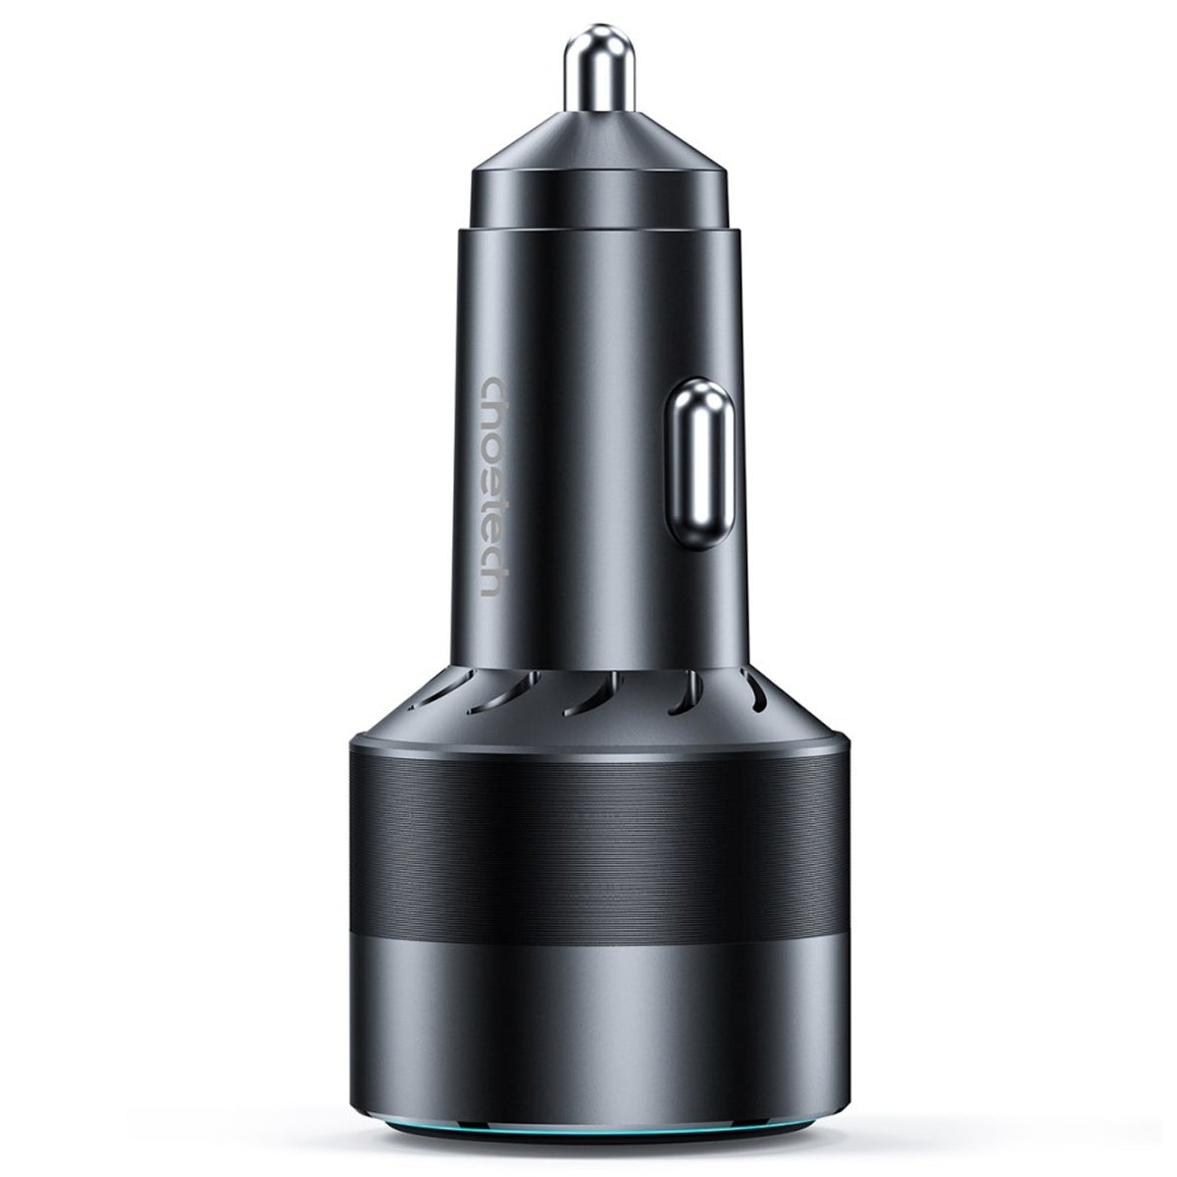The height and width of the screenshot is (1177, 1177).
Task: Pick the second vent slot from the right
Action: click(680, 694)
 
